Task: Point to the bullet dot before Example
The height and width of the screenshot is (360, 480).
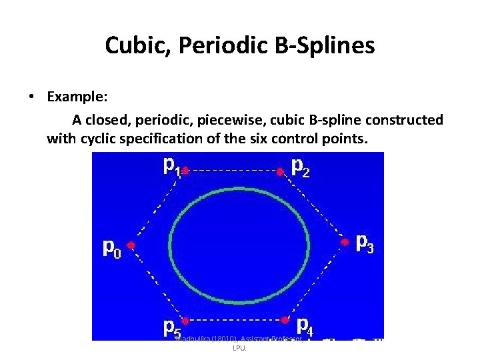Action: (x=32, y=97)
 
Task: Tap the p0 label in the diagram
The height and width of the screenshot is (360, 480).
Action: (x=111, y=248)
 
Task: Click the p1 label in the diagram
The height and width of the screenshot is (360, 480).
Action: (x=172, y=165)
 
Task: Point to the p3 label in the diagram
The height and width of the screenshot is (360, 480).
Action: (x=365, y=243)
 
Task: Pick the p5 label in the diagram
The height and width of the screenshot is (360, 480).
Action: (x=172, y=327)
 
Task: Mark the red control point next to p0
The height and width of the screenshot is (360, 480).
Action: (x=131, y=245)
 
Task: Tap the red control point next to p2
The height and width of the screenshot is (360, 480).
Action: (x=281, y=172)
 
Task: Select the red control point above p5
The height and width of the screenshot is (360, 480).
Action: (x=185, y=321)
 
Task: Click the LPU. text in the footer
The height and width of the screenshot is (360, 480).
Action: (x=239, y=349)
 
